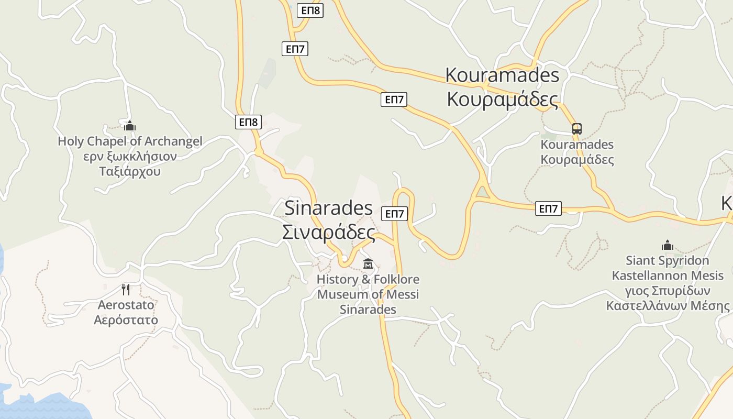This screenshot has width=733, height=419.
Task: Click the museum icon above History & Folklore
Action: (x=368, y=263)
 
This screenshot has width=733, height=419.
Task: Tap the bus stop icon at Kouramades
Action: (x=576, y=129)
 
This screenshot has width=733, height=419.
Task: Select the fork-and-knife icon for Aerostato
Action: (x=126, y=290)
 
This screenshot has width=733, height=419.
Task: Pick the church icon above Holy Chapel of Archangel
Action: (x=130, y=126)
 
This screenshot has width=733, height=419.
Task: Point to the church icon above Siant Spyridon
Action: (x=667, y=245)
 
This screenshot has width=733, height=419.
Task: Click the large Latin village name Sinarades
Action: (x=328, y=208)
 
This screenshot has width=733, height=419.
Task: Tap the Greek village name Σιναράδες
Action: (x=328, y=232)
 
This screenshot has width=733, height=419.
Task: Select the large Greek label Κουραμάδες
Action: (x=502, y=99)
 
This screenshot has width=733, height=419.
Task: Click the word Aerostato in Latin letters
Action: (x=126, y=305)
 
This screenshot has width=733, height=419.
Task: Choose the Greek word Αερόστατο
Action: (x=126, y=319)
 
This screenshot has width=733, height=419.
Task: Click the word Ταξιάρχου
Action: (x=130, y=171)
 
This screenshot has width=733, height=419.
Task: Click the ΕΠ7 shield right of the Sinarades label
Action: (x=395, y=214)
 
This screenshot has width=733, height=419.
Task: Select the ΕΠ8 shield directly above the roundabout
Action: (x=248, y=122)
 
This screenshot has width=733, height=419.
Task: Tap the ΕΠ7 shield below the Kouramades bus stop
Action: (x=548, y=209)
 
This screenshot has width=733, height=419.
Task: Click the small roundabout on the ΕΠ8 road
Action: (x=258, y=152)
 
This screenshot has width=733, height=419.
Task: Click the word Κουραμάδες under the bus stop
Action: (x=577, y=159)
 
